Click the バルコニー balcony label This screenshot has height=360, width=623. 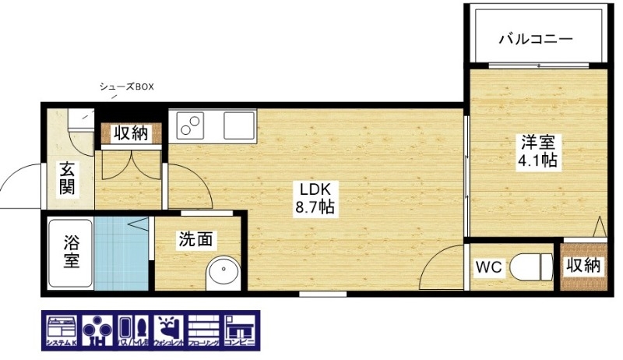(535, 37)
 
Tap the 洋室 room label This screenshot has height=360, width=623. (537, 143)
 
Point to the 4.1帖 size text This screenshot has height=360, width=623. (537, 162)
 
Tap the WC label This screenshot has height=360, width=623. (488, 266)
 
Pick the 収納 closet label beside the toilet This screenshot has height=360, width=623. (583, 265)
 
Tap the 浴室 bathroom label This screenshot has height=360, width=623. (71, 252)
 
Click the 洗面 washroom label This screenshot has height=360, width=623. (195, 240)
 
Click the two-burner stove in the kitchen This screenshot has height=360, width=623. (190, 124)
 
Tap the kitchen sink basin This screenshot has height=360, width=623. (238, 124)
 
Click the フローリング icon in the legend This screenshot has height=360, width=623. (204, 331)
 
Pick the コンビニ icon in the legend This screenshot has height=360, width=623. (239, 331)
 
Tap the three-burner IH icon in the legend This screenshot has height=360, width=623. (96, 331)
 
